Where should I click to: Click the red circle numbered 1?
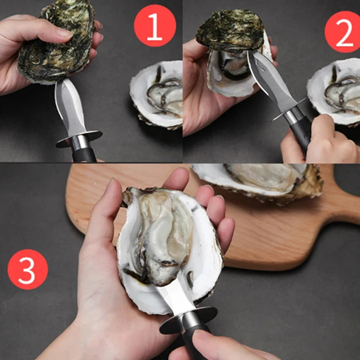(x=155, y=26)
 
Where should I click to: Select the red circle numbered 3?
(x=28, y=269)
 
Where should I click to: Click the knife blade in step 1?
(x=69, y=107)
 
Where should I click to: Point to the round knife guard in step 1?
(x=79, y=139)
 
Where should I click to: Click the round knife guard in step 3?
(x=188, y=320)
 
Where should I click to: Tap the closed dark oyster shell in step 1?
(x=56, y=42)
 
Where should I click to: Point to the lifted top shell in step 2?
(x=230, y=31)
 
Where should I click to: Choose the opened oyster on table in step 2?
(x=335, y=92)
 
